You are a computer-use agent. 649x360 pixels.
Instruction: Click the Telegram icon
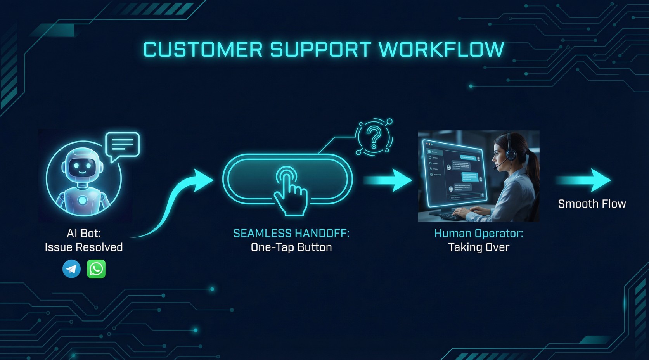tap(72, 269)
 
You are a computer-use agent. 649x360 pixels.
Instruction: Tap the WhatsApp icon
tap(96, 269)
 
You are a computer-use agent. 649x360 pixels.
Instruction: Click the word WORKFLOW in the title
tap(441, 50)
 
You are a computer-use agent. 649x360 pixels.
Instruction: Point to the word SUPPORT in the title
tap(320, 50)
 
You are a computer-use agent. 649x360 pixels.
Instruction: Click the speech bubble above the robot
tap(122, 146)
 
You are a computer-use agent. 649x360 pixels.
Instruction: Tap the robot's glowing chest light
tap(83, 200)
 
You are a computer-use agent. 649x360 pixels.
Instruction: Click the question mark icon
tap(374, 137)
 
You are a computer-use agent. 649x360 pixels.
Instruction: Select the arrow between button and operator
tap(388, 180)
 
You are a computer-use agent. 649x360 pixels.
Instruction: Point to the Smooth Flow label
tap(592, 204)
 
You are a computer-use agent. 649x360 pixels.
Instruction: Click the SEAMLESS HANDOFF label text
tap(291, 234)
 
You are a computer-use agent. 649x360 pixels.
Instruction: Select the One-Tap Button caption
tap(291, 247)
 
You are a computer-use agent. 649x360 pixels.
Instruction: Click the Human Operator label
tap(478, 234)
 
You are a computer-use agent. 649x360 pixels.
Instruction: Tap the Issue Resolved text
tap(84, 247)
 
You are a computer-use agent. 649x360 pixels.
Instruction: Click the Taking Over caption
tap(478, 247)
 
